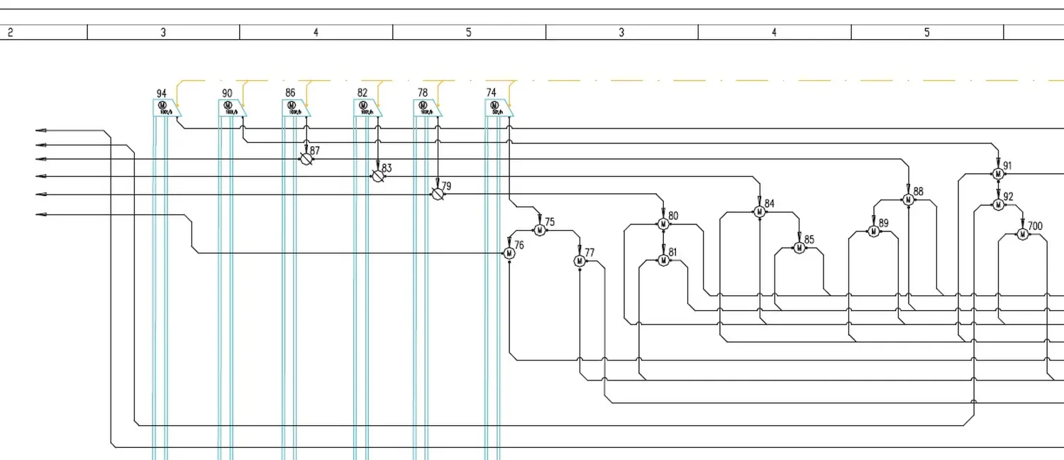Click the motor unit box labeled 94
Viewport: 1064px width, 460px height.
pyautogui.click(x=167, y=108)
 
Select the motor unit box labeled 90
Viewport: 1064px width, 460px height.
pyautogui.click(x=231, y=108)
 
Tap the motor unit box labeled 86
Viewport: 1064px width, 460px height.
pyautogui.click(x=295, y=108)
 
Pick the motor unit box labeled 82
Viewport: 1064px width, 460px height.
pyautogui.click(x=367, y=108)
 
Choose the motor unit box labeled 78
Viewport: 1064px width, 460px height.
pyautogui.click(x=427, y=108)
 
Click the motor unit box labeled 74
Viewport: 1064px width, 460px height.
pyautogui.click(x=498, y=108)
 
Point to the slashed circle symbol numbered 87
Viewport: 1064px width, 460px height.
pyautogui.click(x=306, y=159)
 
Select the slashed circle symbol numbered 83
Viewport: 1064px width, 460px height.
pyautogui.click(x=378, y=175)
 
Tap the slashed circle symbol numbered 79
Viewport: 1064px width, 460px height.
pyautogui.click(x=438, y=194)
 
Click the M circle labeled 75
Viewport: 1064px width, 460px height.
pyautogui.click(x=539, y=230)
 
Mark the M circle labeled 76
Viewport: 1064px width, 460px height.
pyautogui.click(x=509, y=253)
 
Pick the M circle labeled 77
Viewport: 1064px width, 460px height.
pyautogui.click(x=580, y=261)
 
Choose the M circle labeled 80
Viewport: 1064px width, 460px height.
pyautogui.click(x=663, y=224)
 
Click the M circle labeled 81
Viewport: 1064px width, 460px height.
pyautogui.click(x=663, y=261)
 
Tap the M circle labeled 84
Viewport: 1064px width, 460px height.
pyautogui.click(x=759, y=212)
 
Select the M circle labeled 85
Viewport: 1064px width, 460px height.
pyautogui.click(x=799, y=248)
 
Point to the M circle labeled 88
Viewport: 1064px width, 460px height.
pyautogui.click(x=908, y=199)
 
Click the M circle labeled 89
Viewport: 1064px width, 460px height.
pyautogui.click(x=873, y=231)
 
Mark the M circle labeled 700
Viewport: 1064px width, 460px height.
pyautogui.click(x=1022, y=234)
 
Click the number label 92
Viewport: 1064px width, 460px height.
pyautogui.click(x=1009, y=197)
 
